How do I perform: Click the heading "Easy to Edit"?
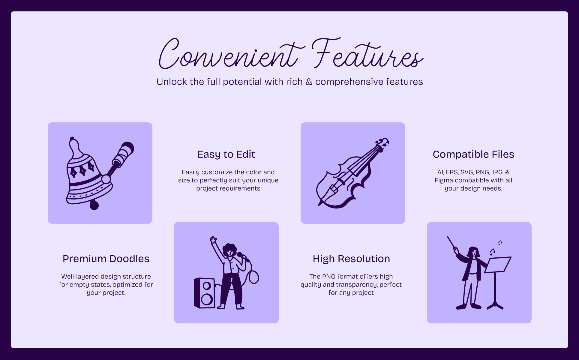(226, 154)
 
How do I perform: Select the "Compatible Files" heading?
(473, 154)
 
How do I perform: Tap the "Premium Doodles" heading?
(106, 259)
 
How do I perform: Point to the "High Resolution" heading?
(351, 259)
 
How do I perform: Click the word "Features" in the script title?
(367, 53)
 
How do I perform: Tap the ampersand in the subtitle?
(309, 82)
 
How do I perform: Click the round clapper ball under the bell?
(94, 205)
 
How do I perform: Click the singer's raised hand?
(213, 239)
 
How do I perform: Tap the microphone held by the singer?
(242, 256)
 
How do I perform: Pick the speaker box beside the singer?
(205, 293)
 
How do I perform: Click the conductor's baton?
(452, 244)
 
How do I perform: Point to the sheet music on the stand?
(498, 265)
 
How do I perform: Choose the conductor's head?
(473, 252)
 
